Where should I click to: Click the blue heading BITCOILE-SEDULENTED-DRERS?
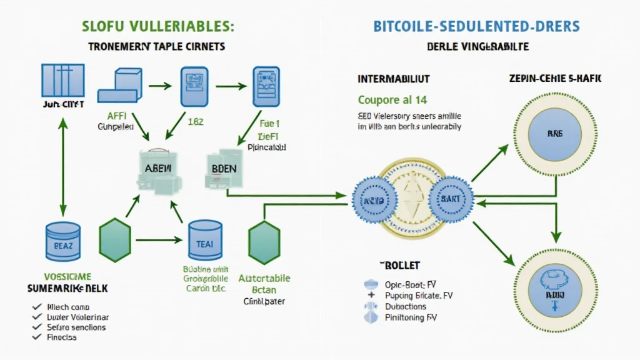(476, 26)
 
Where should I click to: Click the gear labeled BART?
(450, 199)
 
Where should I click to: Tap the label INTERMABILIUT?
(393, 80)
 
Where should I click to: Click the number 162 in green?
(196, 122)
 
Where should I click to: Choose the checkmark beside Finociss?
(37, 337)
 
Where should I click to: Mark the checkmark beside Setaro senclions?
(37, 327)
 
